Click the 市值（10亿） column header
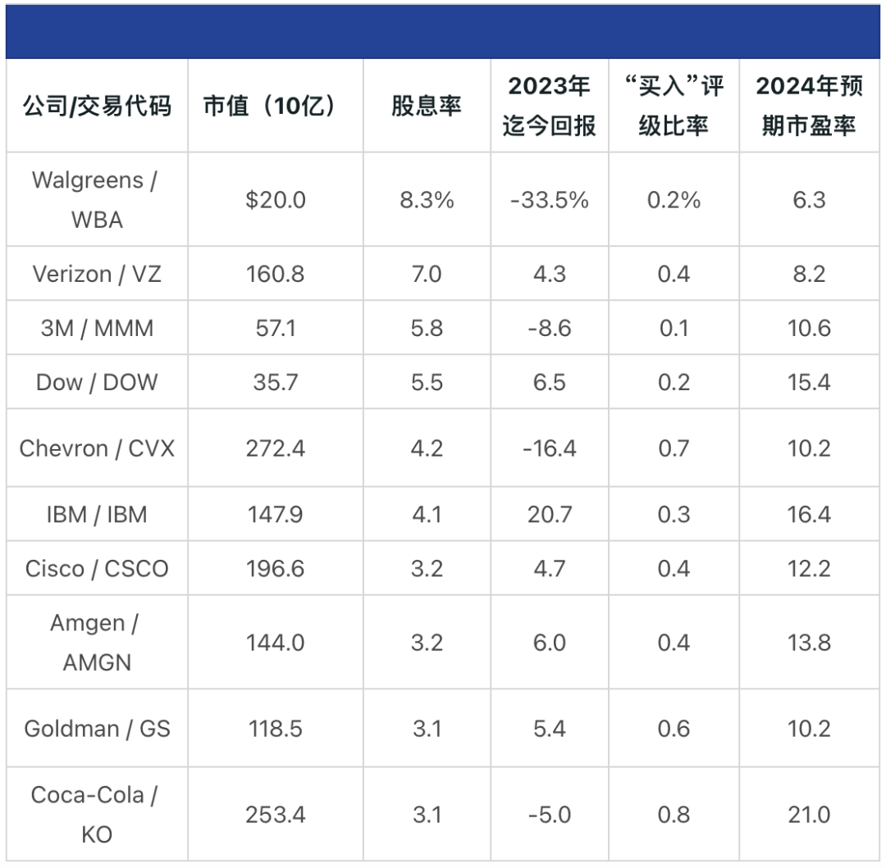[x=270, y=106]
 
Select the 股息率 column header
[x=427, y=106]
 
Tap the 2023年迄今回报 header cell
[x=549, y=106]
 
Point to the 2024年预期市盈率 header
[x=809, y=106]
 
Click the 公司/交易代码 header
[x=97, y=106]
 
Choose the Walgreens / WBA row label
[x=97, y=199]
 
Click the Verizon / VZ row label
[x=97, y=274]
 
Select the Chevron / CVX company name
[x=97, y=448]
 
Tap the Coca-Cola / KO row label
[x=97, y=815]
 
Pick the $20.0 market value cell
[x=276, y=200]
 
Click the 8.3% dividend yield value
[x=427, y=200]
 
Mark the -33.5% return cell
[x=549, y=200]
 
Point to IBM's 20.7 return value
[x=549, y=515]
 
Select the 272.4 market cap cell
[x=276, y=448]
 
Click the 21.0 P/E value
[x=809, y=815]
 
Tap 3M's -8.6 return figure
[x=549, y=329]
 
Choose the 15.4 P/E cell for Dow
[x=809, y=383]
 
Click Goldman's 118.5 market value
[x=276, y=729]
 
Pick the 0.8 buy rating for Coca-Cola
[x=674, y=815]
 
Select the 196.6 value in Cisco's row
[x=276, y=569]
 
